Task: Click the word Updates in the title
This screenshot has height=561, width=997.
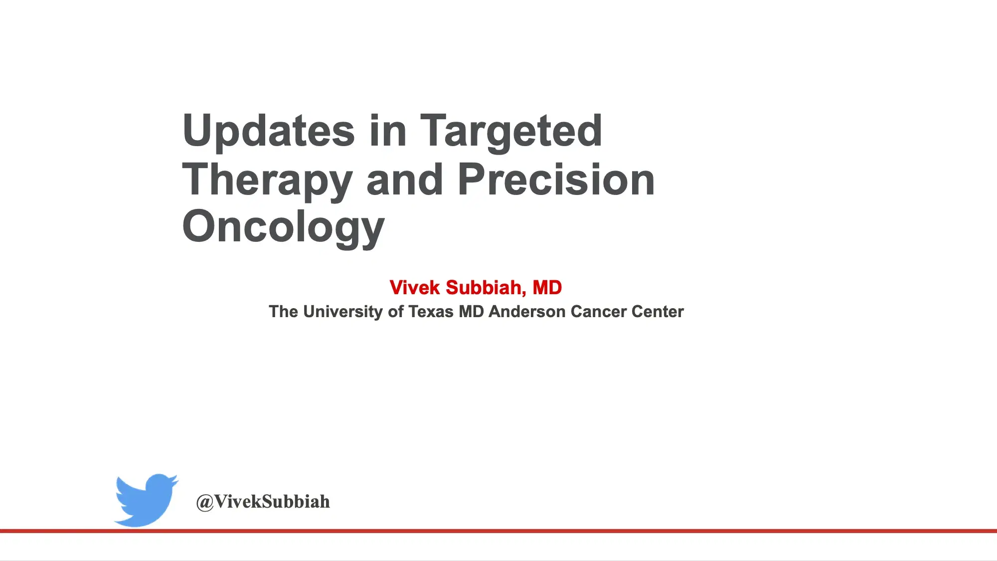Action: click(269, 131)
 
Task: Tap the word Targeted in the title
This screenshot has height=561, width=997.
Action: click(511, 131)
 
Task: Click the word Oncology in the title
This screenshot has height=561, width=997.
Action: click(283, 227)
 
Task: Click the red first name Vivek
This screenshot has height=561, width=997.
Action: click(414, 288)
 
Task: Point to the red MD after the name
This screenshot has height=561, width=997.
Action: click(547, 288)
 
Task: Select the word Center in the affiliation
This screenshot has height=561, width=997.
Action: click(658, 312)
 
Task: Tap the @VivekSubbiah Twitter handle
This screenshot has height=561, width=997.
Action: click(263, 502)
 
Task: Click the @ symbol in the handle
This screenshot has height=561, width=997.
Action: click(205, 502)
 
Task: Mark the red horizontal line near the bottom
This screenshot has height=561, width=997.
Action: click(498, 531)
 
